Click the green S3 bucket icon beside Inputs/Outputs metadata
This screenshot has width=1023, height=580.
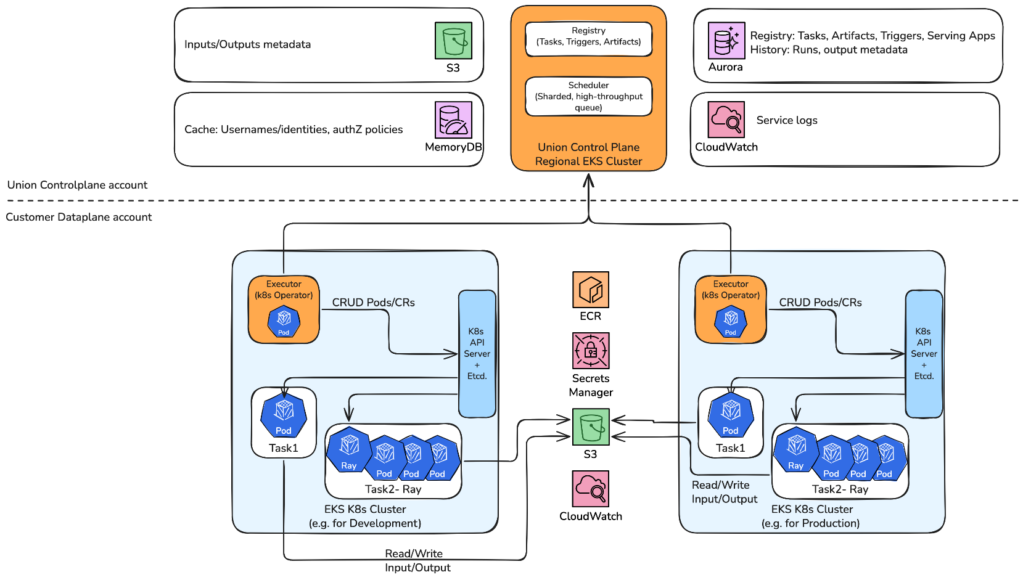(x=453, y=41)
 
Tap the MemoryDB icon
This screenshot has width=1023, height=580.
(x=453, y=120)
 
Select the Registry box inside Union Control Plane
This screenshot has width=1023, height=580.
(x=588, y=39)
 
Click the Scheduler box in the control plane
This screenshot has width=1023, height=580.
(x=588, y=96)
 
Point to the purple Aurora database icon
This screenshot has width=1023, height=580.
(x=726, y=41)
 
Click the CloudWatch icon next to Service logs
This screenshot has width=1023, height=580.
(x=726, y=120)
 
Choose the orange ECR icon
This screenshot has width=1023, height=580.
(x=590, y=290)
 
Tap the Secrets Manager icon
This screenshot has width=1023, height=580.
(x=590, y=351)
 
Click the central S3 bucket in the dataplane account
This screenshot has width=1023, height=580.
(x=590, y=427)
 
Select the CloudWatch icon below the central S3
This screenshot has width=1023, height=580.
(x=590, y=489)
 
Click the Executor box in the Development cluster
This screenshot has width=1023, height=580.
(x=284, y=309)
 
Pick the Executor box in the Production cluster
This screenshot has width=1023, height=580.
(x=730, y=309)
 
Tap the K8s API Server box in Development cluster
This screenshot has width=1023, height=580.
(x=477, y=353)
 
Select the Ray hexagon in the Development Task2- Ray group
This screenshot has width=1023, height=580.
(x=349, y=449)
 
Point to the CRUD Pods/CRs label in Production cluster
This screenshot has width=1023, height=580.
(x=820, y=303)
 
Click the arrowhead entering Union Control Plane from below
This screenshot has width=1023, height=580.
(x=588, y=179)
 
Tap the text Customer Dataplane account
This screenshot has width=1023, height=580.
(x=78, y=217)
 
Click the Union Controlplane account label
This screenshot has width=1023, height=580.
(x=77, y=185)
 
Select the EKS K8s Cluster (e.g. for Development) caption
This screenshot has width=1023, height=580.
(x=365, y=517)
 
